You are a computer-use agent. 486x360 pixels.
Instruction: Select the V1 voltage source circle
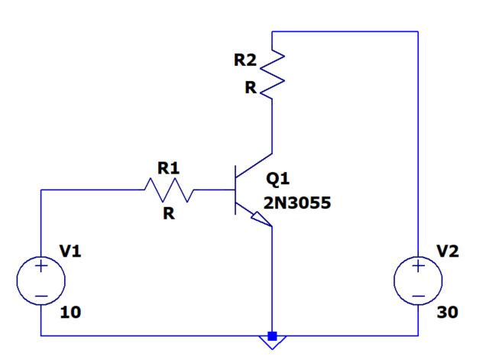click(x=40, y=281)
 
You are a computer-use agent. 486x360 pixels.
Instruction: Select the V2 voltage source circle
click(x=418, y=281)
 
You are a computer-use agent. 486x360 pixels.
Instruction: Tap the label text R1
click(x=168, y=167)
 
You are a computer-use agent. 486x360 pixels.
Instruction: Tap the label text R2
click(x=246, y=60)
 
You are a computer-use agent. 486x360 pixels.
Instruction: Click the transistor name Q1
click(x=278, y=179)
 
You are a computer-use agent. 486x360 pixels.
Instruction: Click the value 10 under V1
click(x=70, y=313)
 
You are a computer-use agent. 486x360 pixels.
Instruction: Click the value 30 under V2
click(x=448, y=313)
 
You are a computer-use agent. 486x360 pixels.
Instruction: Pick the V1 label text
click(x=70, y=251)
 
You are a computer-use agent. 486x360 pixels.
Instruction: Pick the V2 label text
click(x=448, y=251)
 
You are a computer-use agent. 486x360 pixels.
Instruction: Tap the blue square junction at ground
click(x=272, y=336)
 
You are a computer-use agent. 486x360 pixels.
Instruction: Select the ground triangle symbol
click(x=272, y=344)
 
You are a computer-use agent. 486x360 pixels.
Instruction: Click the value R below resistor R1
click(x=168, y=214)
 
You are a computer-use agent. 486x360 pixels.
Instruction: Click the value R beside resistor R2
click(x=250, y=88)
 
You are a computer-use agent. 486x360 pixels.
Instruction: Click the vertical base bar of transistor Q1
click(x=237, y=190)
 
